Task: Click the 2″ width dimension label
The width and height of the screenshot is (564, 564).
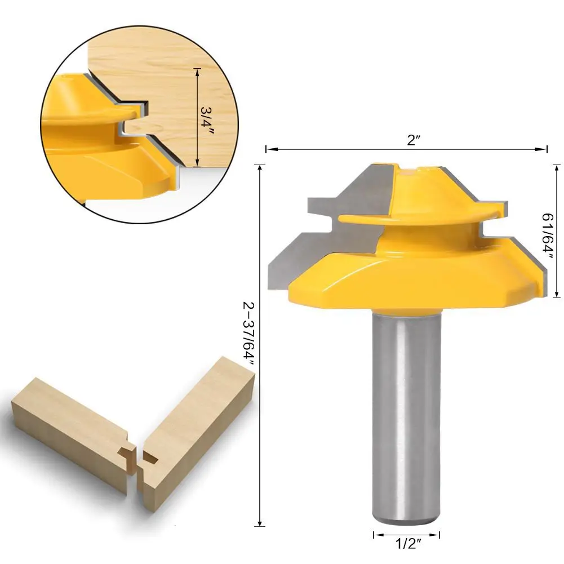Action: (414, 140)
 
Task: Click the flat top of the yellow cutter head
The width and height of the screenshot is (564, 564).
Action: (420, 168)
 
